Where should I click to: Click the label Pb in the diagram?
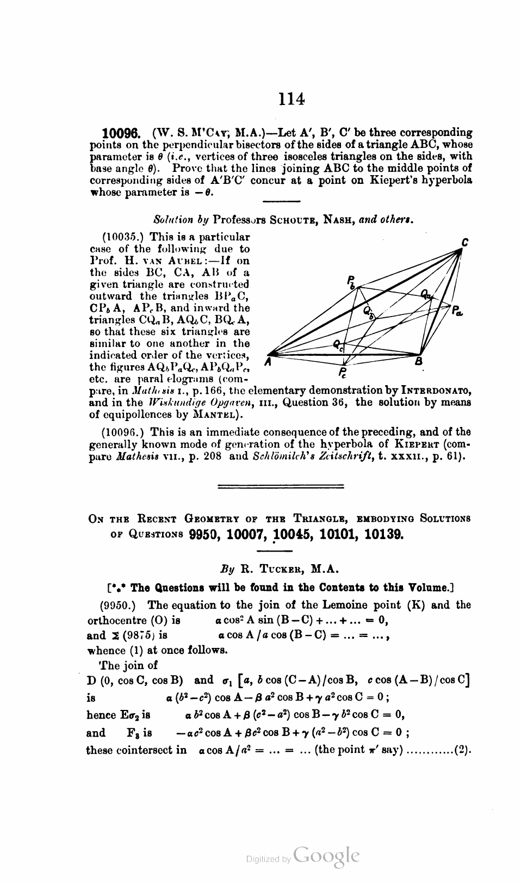[x=351, y=281]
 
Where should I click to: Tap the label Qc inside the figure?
[x=338, y=343]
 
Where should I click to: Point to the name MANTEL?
[x=214, y=415]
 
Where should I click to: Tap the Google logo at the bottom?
[x=326, y=856]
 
